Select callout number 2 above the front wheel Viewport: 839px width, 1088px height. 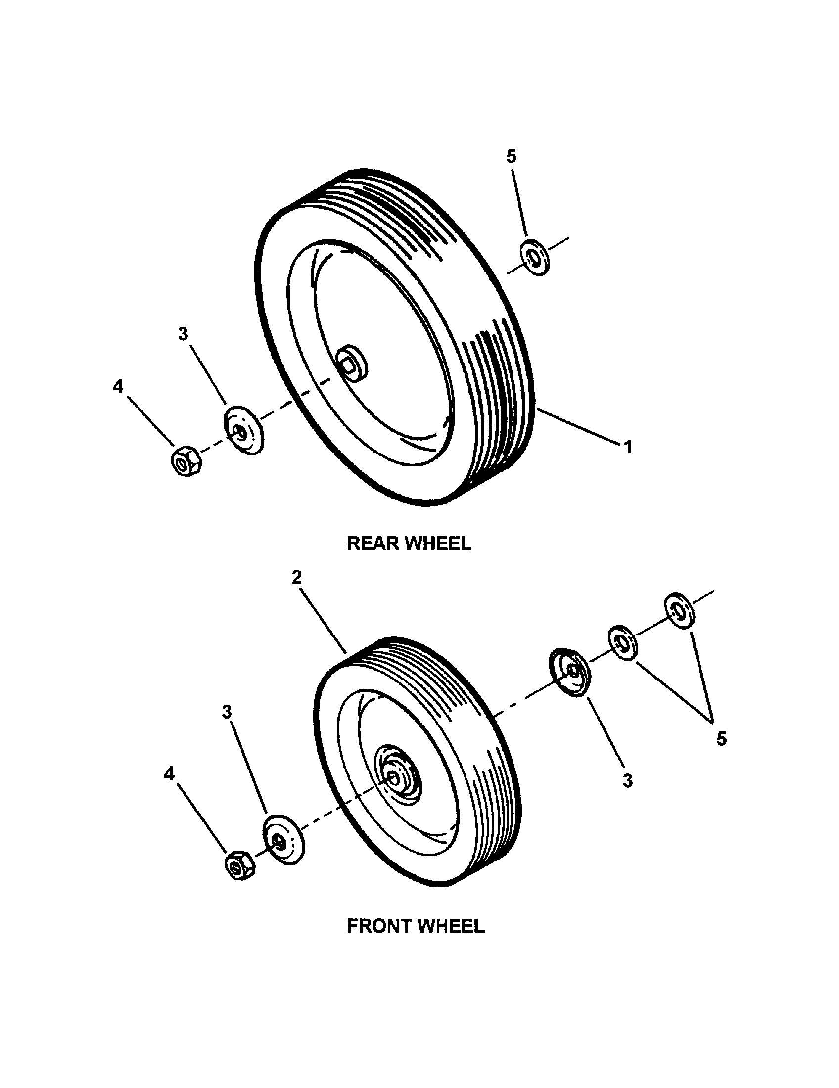click(x=297, y=577)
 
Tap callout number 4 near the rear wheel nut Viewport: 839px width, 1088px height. click(x=118, y=386)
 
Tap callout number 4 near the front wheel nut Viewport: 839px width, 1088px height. click(x=170, y=773)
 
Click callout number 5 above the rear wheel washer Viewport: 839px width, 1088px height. click(x=511, y=156)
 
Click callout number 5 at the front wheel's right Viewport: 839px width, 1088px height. click(x=721, y=738)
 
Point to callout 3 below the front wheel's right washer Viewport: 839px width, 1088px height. click(x=627, y=780)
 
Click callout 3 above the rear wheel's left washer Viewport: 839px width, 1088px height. click(x=184, y=334)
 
